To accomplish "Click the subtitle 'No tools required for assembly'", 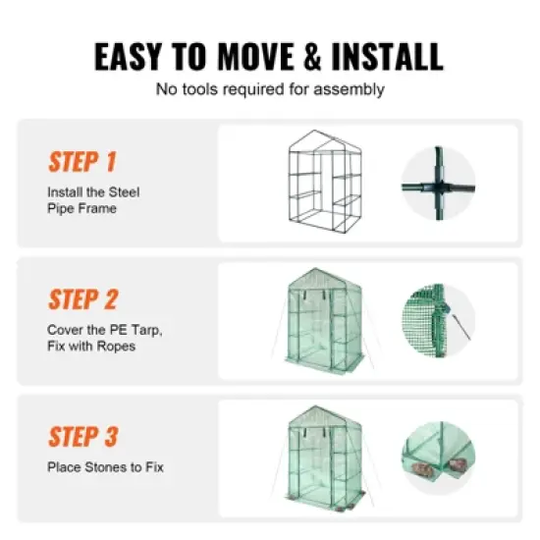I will pyautogui.click(x=270, y=89).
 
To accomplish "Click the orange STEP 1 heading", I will pyautogui.click(x=82, y=161).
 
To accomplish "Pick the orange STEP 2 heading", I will pyautogui.click(x=83, y=298).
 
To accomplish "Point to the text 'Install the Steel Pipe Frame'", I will pyautogui.click(x=93, y=200).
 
